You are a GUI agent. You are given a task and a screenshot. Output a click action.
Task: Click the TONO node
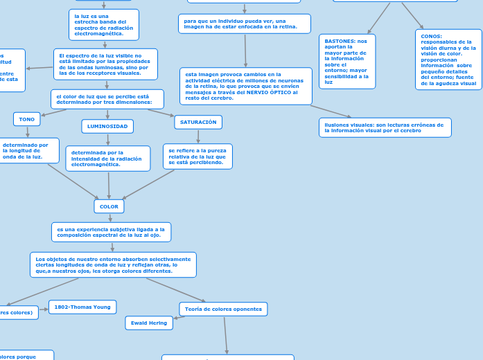pos(27,119)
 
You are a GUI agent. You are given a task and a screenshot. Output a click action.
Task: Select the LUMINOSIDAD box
pos(107,126)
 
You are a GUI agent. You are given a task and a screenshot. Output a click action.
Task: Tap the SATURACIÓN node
pos(198,122)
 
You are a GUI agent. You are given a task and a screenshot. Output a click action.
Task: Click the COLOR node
pos(109,206)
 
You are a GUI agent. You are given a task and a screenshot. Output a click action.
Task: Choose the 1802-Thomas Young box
pos(82,307)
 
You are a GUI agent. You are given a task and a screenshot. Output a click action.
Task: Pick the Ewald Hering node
pos(149,323)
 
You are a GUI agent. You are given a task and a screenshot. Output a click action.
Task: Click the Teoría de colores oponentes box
pos(223,309)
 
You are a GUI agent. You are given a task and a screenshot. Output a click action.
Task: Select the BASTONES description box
pos(346,62)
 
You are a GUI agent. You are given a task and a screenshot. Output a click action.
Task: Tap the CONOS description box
pos(448,60)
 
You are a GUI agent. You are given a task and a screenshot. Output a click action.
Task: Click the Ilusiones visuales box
pos(385,127)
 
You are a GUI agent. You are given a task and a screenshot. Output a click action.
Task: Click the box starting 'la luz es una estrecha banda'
pos(104,25)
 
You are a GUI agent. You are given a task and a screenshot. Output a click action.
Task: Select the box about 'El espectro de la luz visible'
pos(105,64)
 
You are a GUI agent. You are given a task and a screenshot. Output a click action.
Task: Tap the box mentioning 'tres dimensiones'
pos(107,99)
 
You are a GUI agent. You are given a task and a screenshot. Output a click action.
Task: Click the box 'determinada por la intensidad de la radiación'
pos(108,159)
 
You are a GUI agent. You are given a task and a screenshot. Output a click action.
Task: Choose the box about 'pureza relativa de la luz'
pos(197,156)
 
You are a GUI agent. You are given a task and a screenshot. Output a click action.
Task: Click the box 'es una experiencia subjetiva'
pos(111,232)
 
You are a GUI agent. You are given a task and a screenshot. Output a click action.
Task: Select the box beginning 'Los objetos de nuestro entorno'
pos(113,264)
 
